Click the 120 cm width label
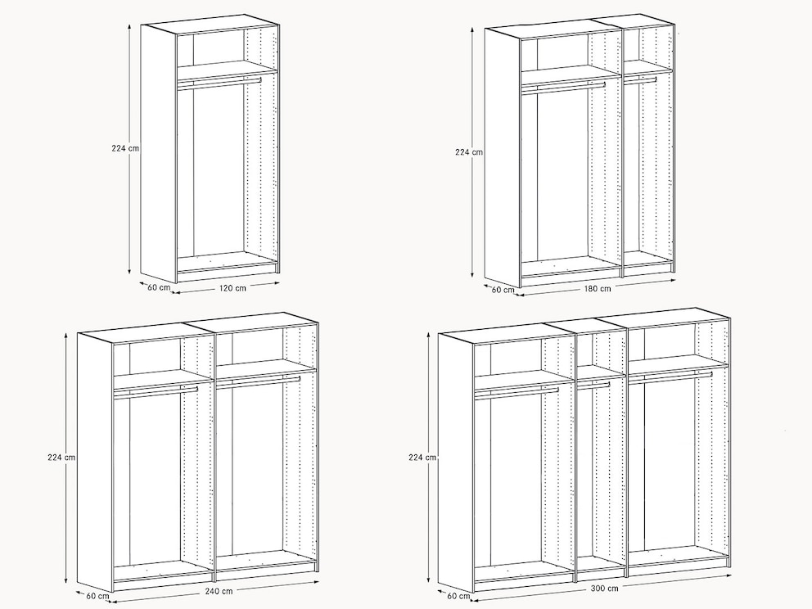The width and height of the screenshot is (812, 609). pos(232,288)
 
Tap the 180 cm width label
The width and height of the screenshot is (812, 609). pos(598,288)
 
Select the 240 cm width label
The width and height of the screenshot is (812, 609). pos(219,590)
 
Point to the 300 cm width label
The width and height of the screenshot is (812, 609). pos(604,589)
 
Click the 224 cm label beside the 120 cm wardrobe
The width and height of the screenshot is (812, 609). pos(125,148)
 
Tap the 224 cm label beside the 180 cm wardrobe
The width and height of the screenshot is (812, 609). pos(469,152)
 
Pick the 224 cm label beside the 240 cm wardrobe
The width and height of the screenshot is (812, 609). pos(61,458)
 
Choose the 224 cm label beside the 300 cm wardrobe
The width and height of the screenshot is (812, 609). pos(422,458)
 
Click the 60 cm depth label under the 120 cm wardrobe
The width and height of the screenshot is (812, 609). pos(159,287)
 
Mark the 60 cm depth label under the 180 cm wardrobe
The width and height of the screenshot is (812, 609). pos(503,290)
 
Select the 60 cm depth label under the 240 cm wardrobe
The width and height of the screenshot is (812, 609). pos(97,596)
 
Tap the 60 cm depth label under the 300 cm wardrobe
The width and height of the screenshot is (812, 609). pos(458,596)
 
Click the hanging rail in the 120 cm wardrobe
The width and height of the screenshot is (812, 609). pos(219,82)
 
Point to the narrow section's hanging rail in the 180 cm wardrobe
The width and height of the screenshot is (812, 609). pos(640,80)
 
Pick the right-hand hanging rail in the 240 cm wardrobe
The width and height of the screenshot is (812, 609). pos(258,381)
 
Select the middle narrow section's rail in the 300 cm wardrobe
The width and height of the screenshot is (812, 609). pos(593,385)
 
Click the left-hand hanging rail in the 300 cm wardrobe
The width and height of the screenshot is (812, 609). pos(517,393)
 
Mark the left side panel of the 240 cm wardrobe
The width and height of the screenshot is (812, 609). pos(95,462)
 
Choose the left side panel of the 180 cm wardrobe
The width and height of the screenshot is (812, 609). pos(503,157)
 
